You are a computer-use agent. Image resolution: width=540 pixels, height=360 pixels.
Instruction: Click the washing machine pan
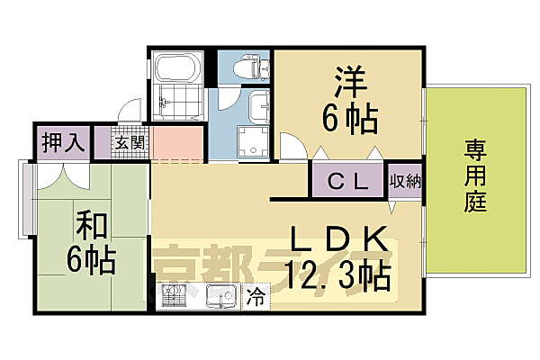[x=251, y=141]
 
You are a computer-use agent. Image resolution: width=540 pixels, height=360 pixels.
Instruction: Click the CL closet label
[x=347, y=181]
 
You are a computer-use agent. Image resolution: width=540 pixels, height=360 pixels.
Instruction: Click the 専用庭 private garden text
[x=475, y=175]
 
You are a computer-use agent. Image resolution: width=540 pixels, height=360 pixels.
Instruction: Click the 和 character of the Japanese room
[x=88, y=222]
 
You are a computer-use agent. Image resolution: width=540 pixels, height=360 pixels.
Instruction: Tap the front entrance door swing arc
[x=131, y=110]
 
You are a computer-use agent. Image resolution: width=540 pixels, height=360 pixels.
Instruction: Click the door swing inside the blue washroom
[x=229, y=99]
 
